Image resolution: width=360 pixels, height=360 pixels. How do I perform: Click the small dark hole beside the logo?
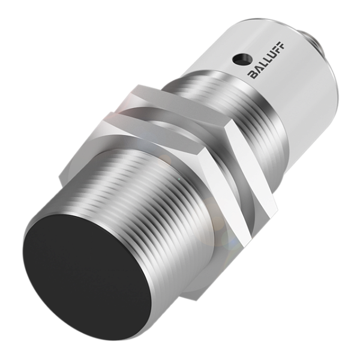tap(241, 59)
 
